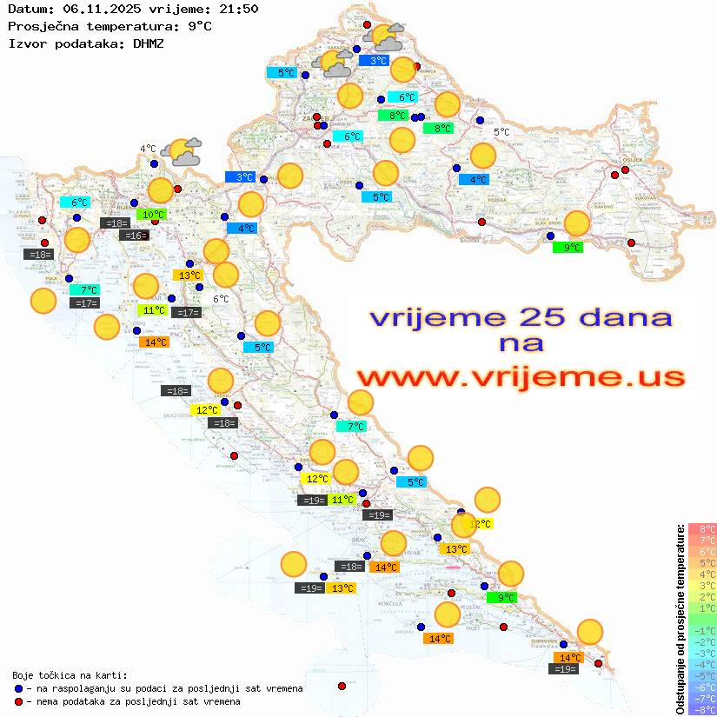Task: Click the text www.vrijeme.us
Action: (x=520, y=376)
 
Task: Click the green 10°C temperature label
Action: (x=153, y=215)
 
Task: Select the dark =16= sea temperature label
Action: (x=135, y=236)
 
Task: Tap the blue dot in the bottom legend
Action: (x=18, y=688)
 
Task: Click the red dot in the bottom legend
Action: (x=18, y=701)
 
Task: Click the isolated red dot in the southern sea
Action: (x=342, y=686)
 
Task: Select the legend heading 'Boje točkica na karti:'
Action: (x=70, y=675)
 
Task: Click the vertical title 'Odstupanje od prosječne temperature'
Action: (x=680, y=620)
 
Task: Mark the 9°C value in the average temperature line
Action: (x=199, y=26)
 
